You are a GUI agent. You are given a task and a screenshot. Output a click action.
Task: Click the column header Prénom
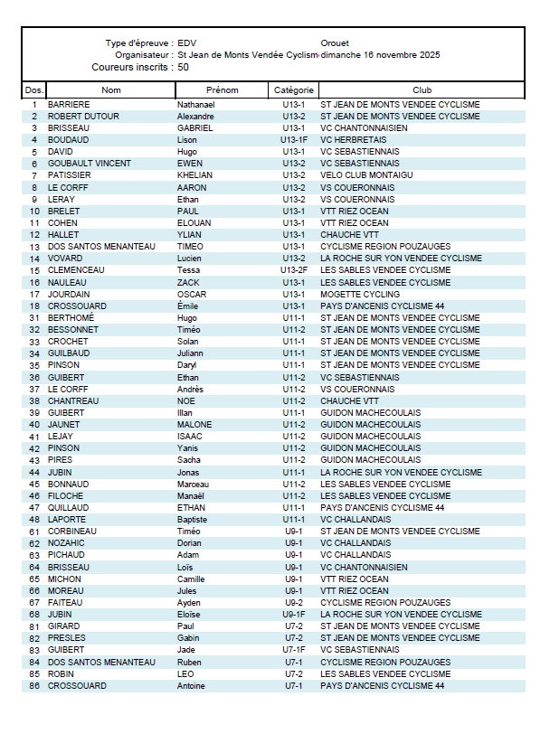[222, 89]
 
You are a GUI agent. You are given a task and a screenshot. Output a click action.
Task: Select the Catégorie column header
[294, 89]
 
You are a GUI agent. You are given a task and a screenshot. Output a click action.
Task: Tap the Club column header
[422, 89]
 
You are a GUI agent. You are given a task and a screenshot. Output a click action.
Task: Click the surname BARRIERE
[69, 105]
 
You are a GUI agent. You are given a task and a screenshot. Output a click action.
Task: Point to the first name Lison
[187, 140]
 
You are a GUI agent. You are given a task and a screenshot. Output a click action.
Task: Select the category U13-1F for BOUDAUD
[294, 140]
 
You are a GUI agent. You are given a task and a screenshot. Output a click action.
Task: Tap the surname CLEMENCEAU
[76, 270]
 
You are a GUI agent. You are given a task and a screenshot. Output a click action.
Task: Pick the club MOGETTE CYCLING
[360, 294]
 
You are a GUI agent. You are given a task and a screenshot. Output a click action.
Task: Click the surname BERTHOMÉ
[71, 318]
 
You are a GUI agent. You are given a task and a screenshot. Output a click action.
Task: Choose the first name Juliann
[192, 353]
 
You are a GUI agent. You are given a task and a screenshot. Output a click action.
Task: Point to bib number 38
[34, 400]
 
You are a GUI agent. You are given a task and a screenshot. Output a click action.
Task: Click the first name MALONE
[194, 424]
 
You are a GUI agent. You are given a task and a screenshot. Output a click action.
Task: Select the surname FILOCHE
[66, 495]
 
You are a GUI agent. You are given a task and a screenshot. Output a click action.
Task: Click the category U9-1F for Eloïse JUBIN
[294, 615]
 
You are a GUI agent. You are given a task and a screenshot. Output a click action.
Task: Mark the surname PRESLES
[68, 638]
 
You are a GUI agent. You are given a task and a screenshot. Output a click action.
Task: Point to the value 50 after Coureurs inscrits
[184, 67]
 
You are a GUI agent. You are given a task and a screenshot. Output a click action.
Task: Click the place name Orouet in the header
[335, 43]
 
